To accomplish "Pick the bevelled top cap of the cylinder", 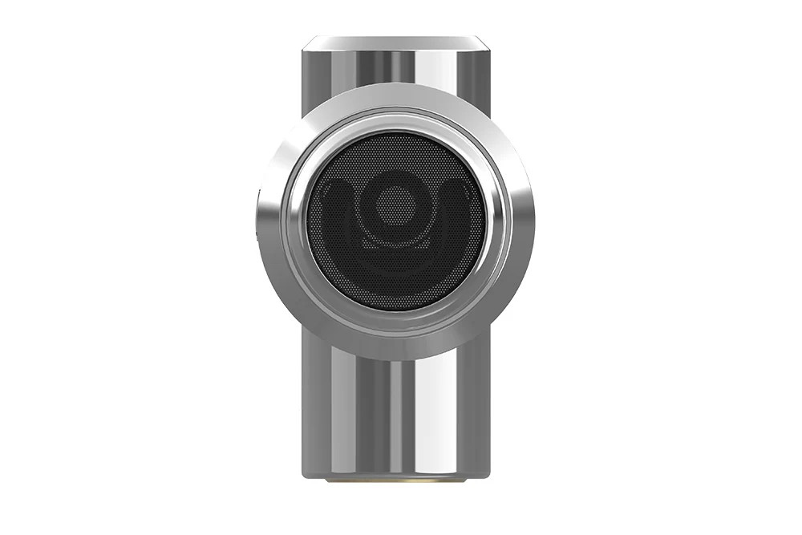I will (x=395, y=43).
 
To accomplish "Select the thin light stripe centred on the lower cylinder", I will (x=395, y=417).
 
